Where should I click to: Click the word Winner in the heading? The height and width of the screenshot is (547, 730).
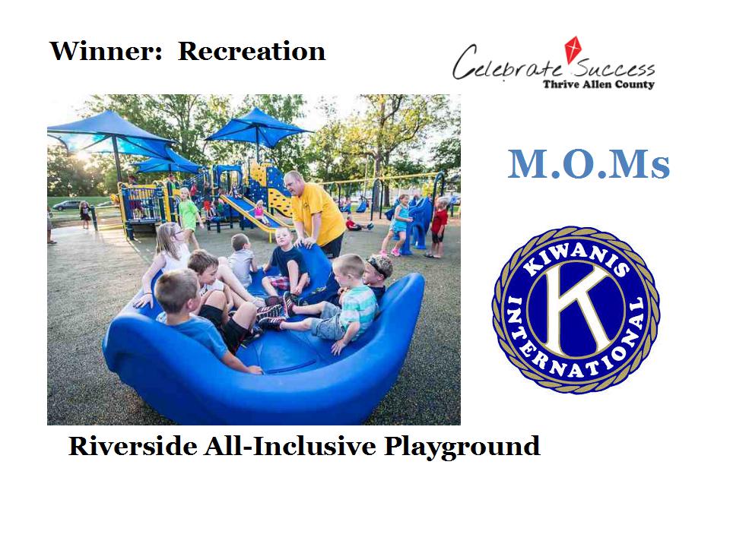click(x=106, y=51)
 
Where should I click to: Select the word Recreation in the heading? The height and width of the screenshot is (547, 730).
click(x=252, y=51)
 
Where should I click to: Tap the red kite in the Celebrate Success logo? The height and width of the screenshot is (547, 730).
click(x=573, y=49)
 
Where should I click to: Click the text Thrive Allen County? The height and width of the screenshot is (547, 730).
click(x=598, y=84)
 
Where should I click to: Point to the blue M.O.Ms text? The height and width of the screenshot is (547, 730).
click(x=589, y=164)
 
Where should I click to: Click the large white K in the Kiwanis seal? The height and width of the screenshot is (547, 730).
click(x=577, y=309)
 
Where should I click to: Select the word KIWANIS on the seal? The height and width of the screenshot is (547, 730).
click(x=576, y=258)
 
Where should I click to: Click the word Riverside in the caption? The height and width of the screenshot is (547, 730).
click(x=132, y=446)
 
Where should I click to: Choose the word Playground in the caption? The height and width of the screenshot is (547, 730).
click(x=462, y=447)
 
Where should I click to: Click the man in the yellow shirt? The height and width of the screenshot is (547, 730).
click(x=316, y=213)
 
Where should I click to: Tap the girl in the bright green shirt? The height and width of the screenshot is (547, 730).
click(x=189, y=217)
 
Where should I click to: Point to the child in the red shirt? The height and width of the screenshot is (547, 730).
click(x=438, y=227)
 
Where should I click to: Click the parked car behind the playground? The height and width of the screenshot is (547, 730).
click(x=68, y=205)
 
